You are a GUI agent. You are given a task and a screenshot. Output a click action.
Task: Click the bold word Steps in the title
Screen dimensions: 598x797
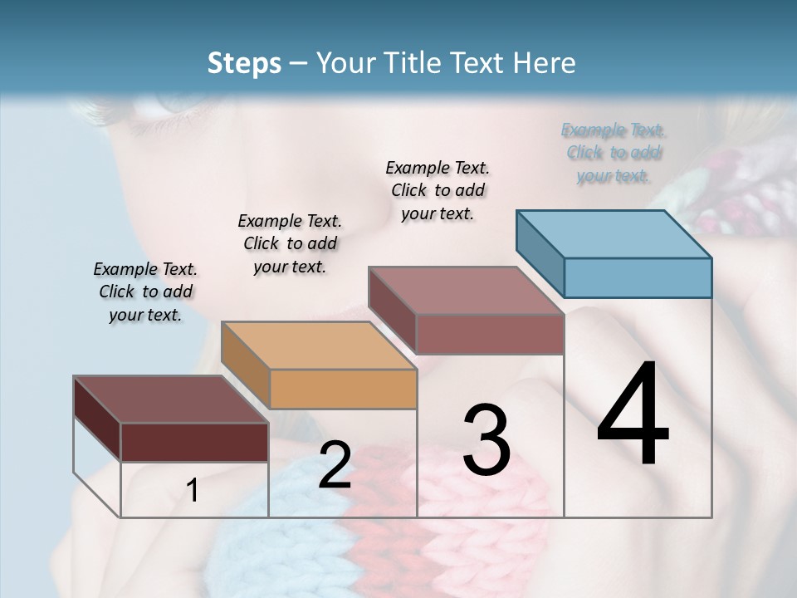point(244,63)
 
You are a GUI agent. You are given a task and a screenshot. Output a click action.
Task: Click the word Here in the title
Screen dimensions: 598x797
point(543,63)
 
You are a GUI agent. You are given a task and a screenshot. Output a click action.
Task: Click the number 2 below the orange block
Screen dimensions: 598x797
point(335,465)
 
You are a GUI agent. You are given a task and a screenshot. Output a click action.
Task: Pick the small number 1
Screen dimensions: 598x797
point(193,491)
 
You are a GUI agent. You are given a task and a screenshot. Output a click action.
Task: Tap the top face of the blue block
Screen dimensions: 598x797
point(614,234)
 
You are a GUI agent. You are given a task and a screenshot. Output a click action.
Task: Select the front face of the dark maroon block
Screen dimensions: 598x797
point(194,442)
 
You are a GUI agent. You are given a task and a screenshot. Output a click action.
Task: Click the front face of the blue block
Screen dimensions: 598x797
point(638,277)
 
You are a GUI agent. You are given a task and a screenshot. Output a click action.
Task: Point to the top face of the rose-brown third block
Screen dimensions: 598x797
point(466,291)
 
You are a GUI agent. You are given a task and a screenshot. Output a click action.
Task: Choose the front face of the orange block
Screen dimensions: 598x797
point(343,389)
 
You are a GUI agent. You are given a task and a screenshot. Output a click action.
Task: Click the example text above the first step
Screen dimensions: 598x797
point(145,292)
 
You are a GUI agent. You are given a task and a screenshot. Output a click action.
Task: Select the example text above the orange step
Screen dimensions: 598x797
point(290,243)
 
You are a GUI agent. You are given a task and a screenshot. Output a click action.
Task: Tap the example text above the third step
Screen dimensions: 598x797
point(438,190)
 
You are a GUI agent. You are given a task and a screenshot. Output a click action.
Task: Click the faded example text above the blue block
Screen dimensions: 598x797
point(614,153)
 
